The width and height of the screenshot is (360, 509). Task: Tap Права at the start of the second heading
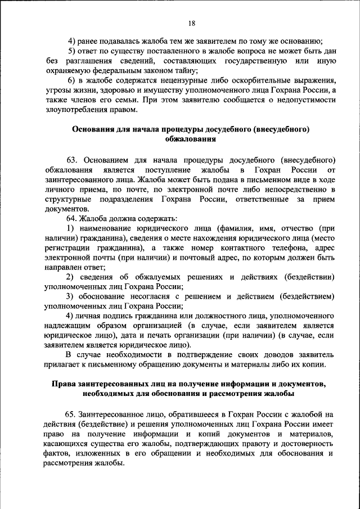[x=64, y=384]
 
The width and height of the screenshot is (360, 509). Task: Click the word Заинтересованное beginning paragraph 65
[x=118, y=413]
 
